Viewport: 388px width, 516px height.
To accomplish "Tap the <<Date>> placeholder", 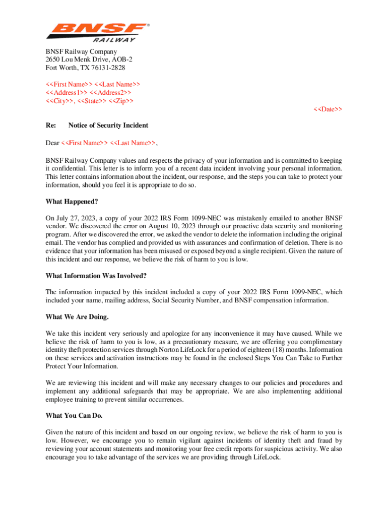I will point(328,109).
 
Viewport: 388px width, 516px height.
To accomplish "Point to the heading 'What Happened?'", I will point(72,202).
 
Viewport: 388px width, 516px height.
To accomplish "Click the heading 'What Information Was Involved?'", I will point(96,276).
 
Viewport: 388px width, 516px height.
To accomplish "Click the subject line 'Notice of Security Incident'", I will point(108,125).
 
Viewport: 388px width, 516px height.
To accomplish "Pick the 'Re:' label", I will point(51,125).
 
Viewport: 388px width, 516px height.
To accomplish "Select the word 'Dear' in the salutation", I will point(52,143).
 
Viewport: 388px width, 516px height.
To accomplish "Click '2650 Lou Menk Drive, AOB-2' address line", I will point(89,59).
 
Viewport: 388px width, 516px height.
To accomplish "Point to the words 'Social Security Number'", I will point(192,300).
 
